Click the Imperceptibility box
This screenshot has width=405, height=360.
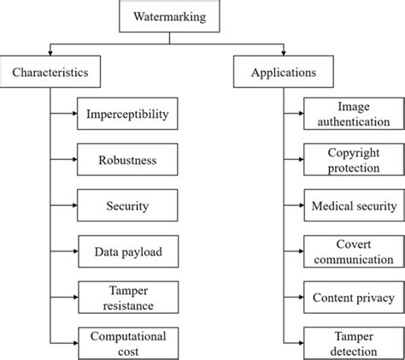(x=127, y=114)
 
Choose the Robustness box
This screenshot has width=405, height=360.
(x=127, y=160)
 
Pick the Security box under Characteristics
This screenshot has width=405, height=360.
(x=127, y=206)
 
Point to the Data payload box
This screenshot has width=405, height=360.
(x=127, y=251)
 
